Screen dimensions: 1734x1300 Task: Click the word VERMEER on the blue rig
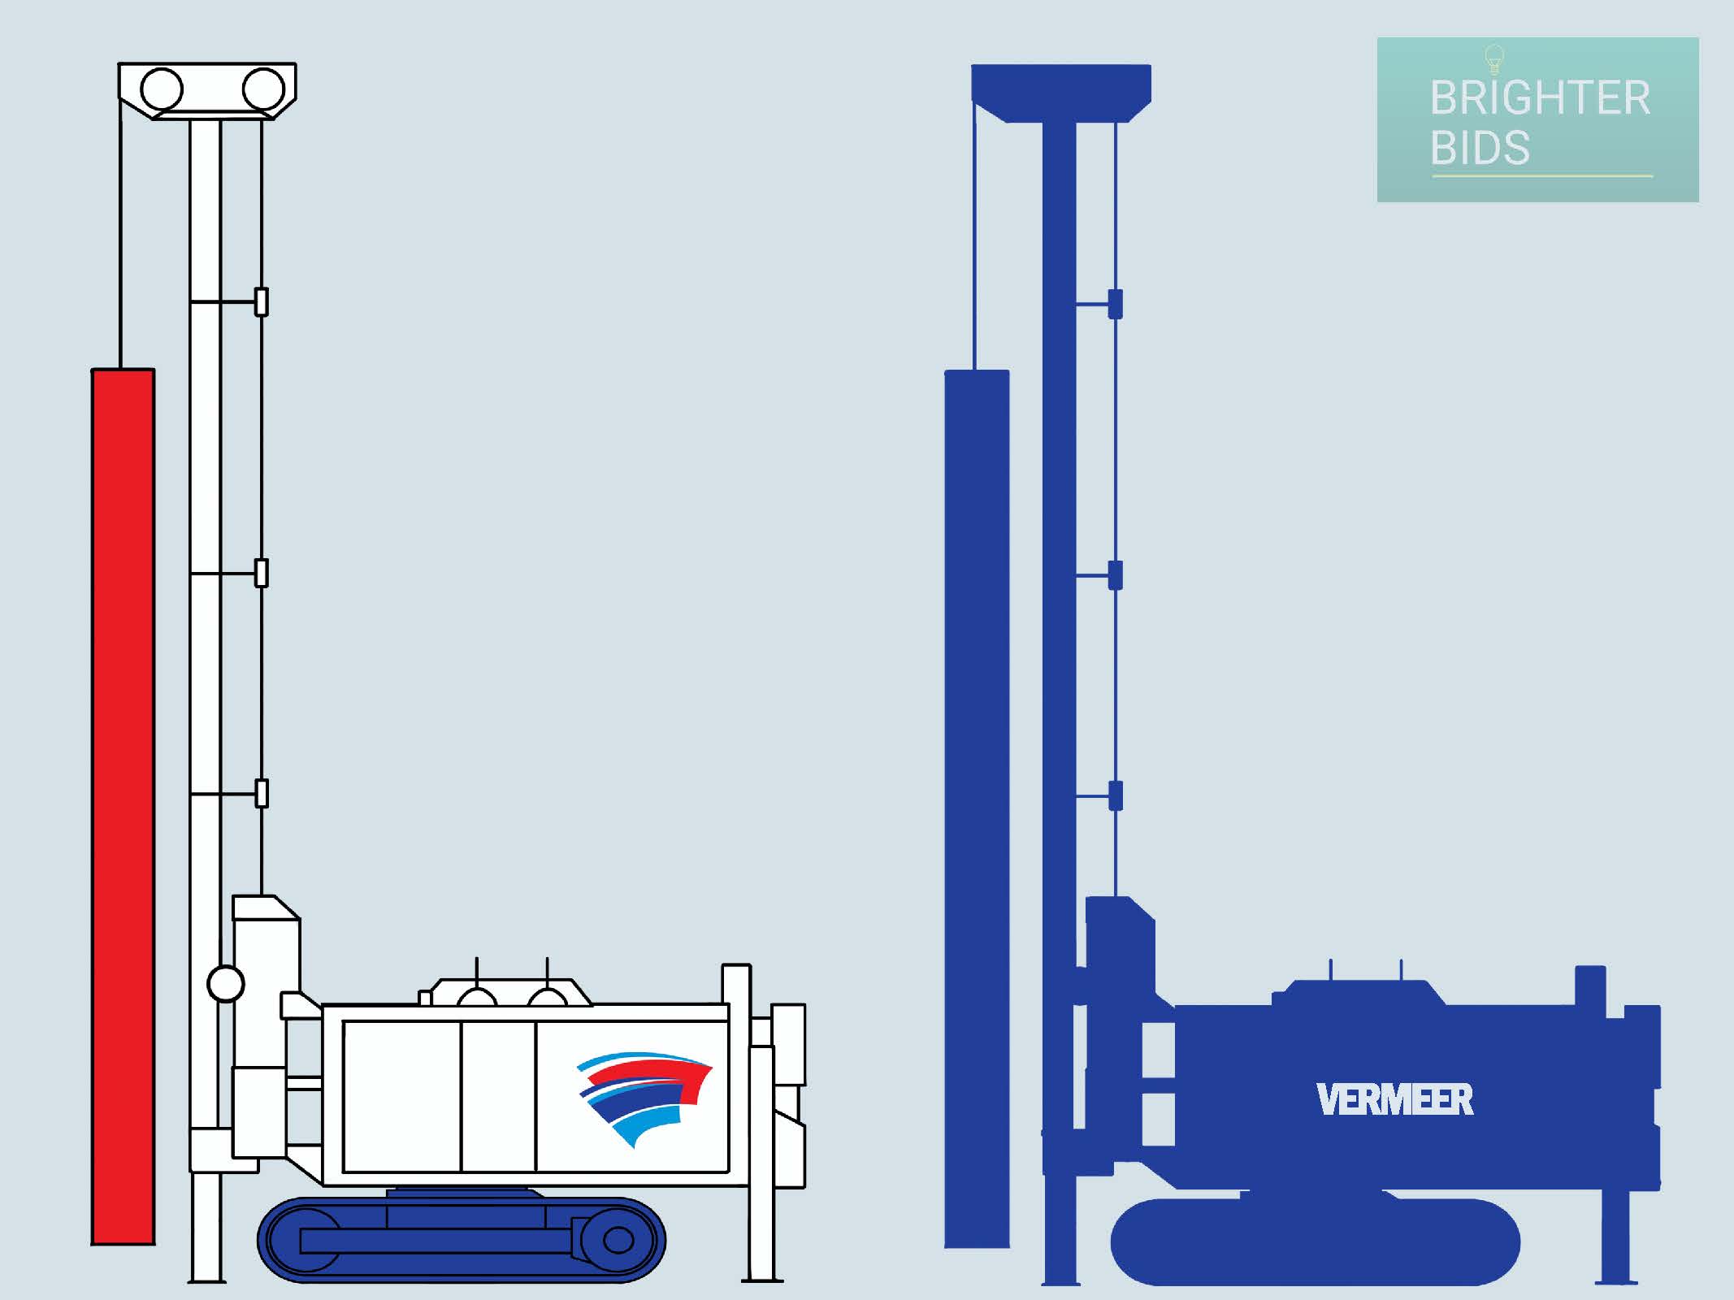pyautogui.click(x=1395, y=1099)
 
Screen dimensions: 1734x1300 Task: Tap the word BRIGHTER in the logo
pyautogui.click(x=1540, y=98)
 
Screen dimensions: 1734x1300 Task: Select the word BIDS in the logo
pyautogui.click(x=1480, y=148)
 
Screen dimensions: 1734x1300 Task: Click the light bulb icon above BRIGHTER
pyautogui.click(x=1494, y=59)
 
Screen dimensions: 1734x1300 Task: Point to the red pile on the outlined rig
pyautogui.click(x=123, y=806)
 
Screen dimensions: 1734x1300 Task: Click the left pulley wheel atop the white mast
pyautogui.click(x=162, y=89)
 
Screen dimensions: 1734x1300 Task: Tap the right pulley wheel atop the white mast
pyautogui.click(x=263, y=89)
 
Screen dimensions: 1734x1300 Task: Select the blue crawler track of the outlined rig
pyautogui.click(x=462, y=1240)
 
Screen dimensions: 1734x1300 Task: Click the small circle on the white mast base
pyautogui.click(x=226, y=985)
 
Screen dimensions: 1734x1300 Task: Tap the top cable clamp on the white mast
pyautogui.click(x=262, y=302)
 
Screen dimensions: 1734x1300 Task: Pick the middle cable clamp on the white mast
pyautogui.click(x=262, y=574)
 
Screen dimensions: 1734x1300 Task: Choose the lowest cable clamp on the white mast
pyautogui.click(x=262, y=793)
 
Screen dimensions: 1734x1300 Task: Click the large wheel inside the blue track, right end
pyautogui.click(x=618, y=1241)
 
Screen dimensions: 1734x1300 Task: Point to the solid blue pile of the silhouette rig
pyautogui.click(x=977, y=808)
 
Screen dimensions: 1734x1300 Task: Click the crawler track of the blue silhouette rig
pyautogui.click(x=1315, y=1241)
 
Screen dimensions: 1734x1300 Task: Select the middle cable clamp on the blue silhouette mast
pyautogui.click(x=1116, y=575)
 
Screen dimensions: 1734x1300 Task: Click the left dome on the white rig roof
pyautogui.click(x=476, y=997)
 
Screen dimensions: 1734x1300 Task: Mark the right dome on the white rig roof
pyautogui.click(x=548, y=997)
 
